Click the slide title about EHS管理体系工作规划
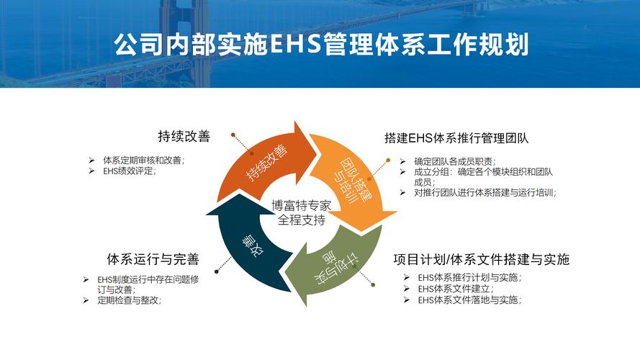321,44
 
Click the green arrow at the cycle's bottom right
330,265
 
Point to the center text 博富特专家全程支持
301,212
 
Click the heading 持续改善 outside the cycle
184,136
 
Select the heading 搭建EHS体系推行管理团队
456,138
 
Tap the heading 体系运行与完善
153,258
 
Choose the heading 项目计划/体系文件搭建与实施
482,259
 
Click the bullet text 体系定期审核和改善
144,160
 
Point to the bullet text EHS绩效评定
130,171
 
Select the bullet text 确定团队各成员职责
455,161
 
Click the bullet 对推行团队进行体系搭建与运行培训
485,192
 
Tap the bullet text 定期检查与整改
130,300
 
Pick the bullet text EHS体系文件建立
456,289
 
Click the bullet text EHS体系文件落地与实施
469,300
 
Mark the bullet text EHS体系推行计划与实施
469,277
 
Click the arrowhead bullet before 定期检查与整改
86,300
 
